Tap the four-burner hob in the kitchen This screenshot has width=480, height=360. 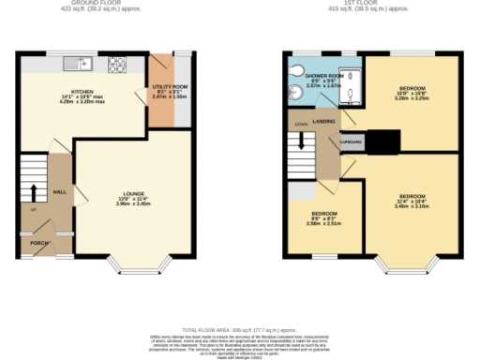118,64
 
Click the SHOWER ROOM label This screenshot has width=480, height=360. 325,76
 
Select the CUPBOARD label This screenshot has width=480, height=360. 351,142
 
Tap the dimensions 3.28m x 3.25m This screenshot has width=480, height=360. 412,97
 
